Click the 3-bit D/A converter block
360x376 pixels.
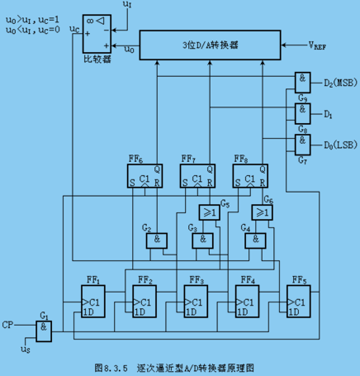tap(210, 45)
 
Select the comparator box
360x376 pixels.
tap(97, 34)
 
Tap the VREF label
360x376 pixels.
tap(317, 45)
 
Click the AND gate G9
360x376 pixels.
tap(302, 83)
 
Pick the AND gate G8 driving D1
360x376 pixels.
tap(302, 113)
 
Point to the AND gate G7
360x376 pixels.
tap(302, 145)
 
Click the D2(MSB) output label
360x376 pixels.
tap(340, 83)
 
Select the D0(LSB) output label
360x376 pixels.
tap(340, 145)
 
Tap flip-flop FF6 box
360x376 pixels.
tap(144, 176)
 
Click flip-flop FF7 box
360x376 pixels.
tap(197, 176)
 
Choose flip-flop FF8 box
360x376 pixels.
tap(250, 176)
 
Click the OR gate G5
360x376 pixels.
tap(210, 212)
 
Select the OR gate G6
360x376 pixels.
tap(262, 212)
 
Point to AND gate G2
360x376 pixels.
tap(156, 240)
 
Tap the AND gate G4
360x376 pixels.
tap(255, 240)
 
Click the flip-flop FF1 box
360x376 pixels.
tap(93, 302)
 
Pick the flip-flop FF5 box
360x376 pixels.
tap(299, 302)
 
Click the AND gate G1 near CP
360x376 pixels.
tap(44, 331)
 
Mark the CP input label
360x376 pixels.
tap(7, 325)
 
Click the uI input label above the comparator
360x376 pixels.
tap(127, 4)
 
